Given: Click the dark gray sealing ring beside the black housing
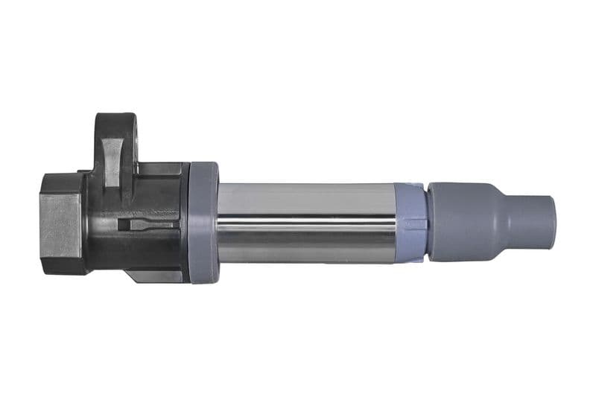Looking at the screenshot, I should pyautogui.click(x=203, y=223).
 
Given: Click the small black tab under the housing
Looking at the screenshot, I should pyautogui.click(x=153, y=276).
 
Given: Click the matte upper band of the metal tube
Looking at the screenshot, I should pyautogui.click(x=305, y=195).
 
